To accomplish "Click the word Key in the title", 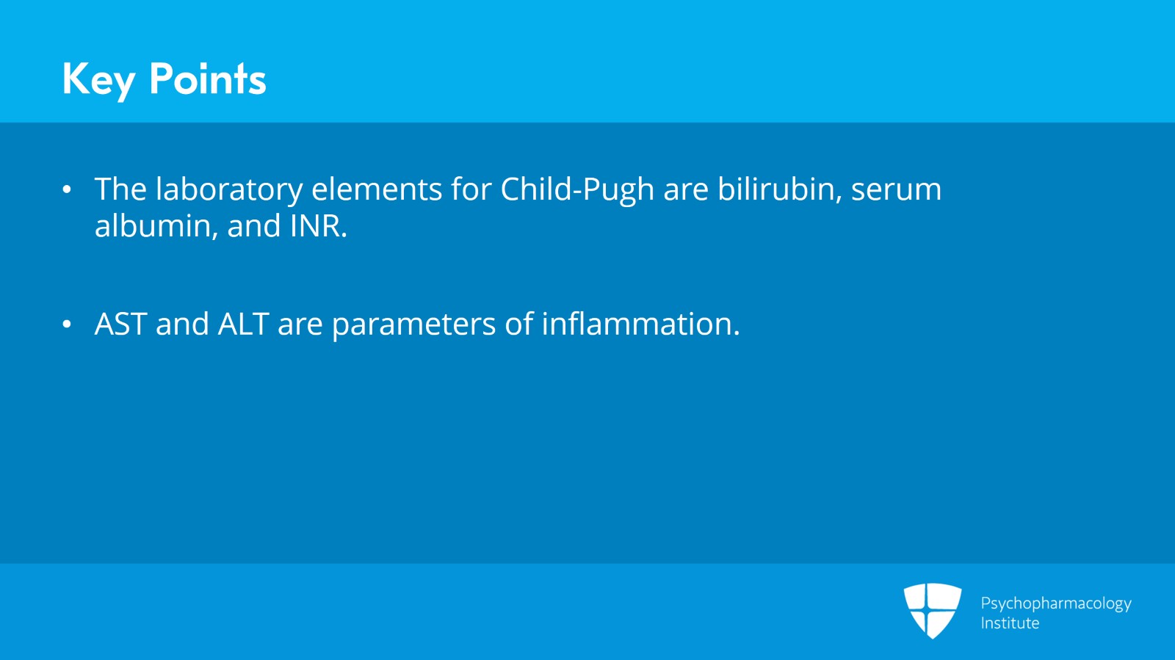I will coord(98,79).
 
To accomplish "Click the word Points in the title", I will coord(207,79).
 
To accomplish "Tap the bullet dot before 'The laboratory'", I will coord(67,189).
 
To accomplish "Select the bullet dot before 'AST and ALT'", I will coord(67,324).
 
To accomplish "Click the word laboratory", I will coord(228,190).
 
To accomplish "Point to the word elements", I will coord(376,189).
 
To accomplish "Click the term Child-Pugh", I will coord(576,190).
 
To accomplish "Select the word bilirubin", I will coord(778,189).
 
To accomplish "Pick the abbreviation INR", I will coord(317,226).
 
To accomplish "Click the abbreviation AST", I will coord(120,324).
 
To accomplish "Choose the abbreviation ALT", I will coord(242,324).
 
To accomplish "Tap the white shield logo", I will coord(932,610).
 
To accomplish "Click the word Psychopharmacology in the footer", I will coord(1055,603).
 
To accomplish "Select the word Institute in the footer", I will coord(1010,623).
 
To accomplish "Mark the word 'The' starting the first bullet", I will coord(120,189).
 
